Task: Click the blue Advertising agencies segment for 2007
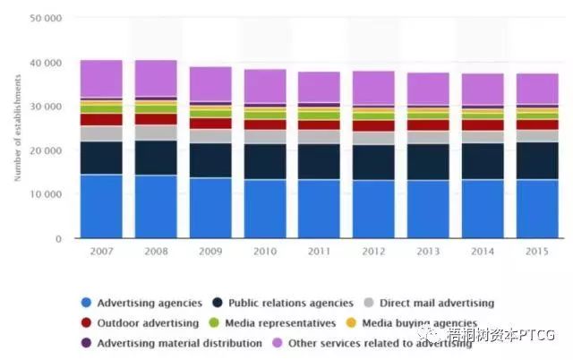(x=100, y=206)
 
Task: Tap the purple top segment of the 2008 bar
(x=155, y=78)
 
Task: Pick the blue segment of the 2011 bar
(x=320, y=209)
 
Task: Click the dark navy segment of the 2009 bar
(x=210, y=160)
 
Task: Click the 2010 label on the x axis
(x=265, y=253)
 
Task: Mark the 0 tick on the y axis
(x=59, y=238)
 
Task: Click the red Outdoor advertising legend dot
(x=85, y=322)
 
